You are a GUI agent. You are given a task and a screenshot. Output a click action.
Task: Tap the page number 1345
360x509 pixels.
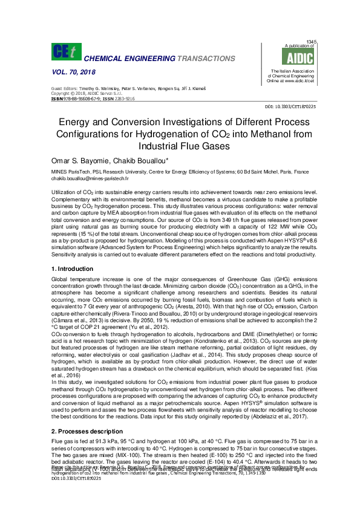click(x=313, y=41)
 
